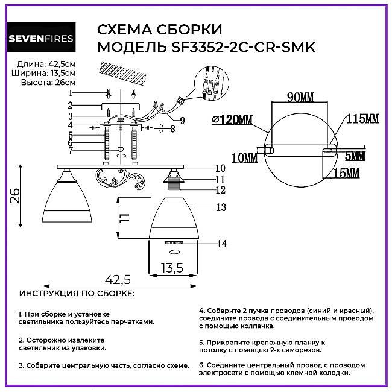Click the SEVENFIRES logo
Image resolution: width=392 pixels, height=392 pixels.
[x=41, y=37]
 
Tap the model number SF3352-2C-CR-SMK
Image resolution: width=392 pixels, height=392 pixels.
[x=243, y=47]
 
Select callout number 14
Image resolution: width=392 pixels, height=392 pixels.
[x=222, y=244]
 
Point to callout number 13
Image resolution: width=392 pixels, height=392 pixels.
[x=221, y=207]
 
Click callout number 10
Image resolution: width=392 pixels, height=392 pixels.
[x=220, y=168]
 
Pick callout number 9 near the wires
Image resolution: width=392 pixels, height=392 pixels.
[x=183, y=121]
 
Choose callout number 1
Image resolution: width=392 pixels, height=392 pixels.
[x=70, y=93]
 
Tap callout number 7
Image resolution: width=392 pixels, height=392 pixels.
[x=70, y=151]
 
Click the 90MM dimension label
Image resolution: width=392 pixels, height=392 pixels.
[x=300, y=97]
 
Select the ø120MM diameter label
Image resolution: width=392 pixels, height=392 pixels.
[x=232, y=119]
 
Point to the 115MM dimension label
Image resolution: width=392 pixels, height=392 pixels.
[x=362, y=118]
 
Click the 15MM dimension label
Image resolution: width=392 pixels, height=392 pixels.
[x=346, y=173]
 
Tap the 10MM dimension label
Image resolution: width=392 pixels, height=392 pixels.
[x=245, y=158]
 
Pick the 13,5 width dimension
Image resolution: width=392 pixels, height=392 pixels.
[x=172, y=268]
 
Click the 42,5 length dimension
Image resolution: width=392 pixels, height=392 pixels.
[x=118, y=279]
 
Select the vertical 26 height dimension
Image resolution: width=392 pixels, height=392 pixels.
[x=15, y=196]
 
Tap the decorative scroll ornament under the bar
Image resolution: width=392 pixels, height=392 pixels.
[x=120, y=179]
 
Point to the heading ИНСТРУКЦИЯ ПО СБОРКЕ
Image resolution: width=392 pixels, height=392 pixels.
[x=77, y=294]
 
